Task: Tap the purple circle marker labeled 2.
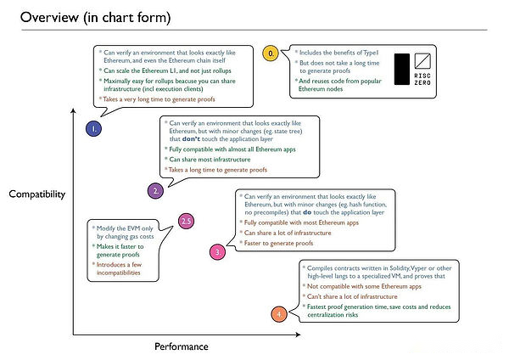pyautogui.click(x=156, y=190)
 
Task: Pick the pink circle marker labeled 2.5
pyautogui.click(x=187, y=222)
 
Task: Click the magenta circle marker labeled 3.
pyautogui.click(x=218, y=251)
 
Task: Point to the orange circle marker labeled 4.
pyautogui.click(x=281, y=315)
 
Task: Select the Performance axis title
pyautogui.click(x=181, y=346)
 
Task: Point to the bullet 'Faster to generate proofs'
pyautogui.click(x=281, y=243)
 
